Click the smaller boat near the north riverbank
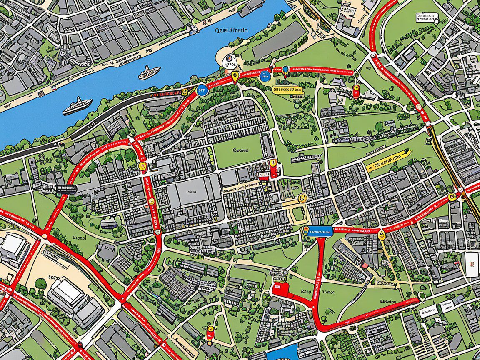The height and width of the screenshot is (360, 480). click(149, 72)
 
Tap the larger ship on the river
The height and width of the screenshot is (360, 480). click(77, 106)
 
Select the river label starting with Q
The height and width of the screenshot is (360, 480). click(232, 30)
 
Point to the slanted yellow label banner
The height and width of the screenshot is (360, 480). click(388, 160)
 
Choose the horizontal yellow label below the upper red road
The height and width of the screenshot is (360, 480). click(287, 89)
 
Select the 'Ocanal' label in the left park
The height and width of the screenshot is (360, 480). click(79, 238)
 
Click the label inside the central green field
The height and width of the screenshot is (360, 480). click(240, 150)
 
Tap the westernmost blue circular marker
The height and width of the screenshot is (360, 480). click(202, 90)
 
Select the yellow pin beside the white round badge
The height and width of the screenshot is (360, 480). click(236, 77)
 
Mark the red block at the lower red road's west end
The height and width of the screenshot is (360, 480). click(280, 287)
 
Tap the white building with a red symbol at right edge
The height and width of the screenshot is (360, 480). click(472, 264)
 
